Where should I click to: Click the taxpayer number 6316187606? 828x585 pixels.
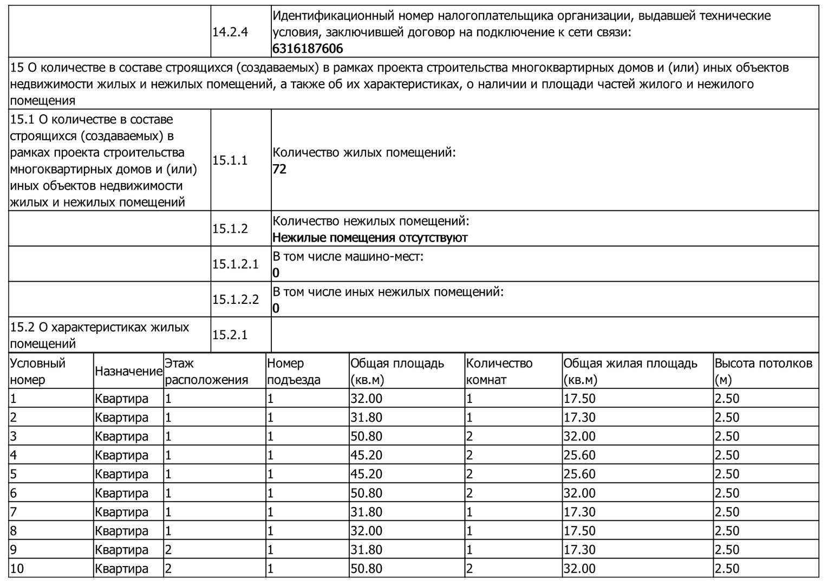308,49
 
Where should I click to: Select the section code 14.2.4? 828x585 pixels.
230,32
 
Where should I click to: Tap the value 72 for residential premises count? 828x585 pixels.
279,169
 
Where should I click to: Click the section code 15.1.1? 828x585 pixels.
230,160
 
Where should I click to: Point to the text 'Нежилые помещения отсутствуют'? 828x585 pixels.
370,238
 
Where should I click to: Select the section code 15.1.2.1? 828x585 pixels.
236,264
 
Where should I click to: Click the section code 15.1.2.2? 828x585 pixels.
236,300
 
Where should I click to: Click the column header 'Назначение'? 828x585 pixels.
128,372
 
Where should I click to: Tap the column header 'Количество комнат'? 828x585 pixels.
499,372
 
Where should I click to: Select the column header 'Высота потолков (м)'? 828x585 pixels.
763,372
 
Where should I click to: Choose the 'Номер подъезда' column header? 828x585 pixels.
294,372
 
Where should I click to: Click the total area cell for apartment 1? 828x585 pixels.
367,399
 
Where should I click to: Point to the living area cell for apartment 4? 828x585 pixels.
579,456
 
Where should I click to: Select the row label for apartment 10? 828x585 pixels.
17,569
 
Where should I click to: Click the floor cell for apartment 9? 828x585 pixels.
168,550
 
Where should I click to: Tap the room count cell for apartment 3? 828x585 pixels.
470,437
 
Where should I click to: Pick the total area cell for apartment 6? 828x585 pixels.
367,493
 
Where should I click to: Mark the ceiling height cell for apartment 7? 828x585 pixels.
727,512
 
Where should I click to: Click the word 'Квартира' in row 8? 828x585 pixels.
121,531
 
